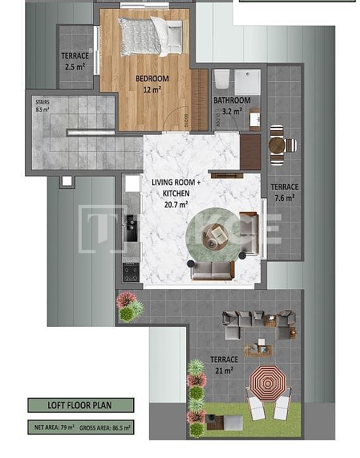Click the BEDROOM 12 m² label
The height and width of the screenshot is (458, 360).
point(152,84)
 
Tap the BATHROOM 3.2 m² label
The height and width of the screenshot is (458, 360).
point(231,105)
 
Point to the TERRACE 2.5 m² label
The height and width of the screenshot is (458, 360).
point(75,61)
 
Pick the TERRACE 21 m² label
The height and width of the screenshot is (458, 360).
point(224,364)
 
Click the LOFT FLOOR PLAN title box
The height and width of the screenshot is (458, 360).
point(80,405)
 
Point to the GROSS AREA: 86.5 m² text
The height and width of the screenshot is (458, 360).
point(105,428)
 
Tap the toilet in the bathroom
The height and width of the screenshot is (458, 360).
point(221,79)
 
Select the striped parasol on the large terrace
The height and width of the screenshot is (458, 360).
point(267,382)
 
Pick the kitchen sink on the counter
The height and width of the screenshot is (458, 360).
point(131,232)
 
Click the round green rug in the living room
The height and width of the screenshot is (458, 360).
point(214,240)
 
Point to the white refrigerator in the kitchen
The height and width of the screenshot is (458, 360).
point(132,183)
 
